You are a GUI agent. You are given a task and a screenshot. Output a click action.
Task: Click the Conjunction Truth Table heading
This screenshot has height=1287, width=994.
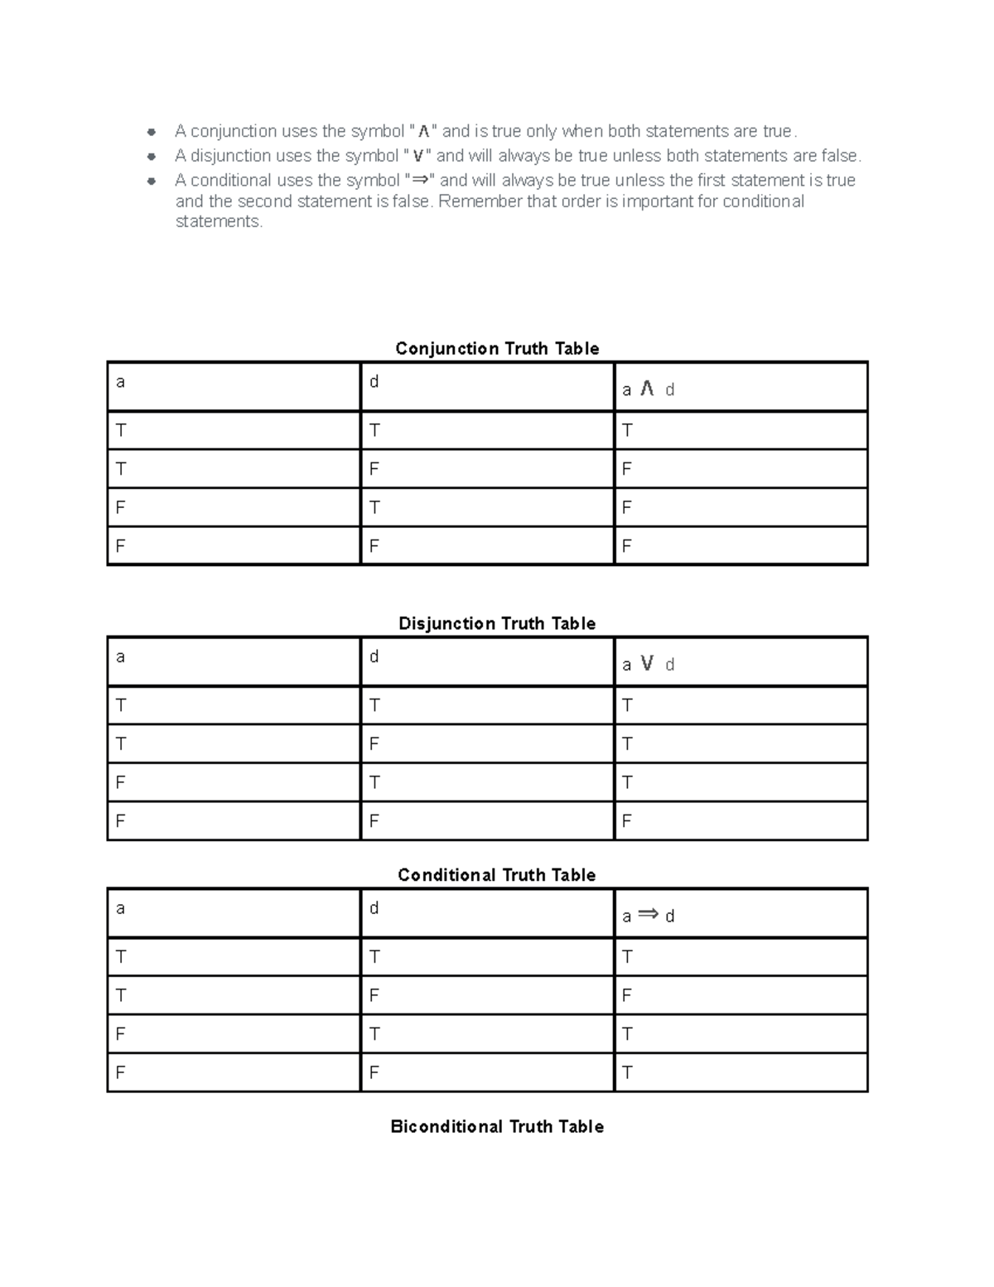[x=497, y=349]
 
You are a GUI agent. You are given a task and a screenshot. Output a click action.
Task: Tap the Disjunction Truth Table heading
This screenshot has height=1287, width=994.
[x=497, y=624]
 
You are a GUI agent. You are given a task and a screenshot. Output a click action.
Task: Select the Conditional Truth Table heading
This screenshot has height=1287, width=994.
[x=497, y=876]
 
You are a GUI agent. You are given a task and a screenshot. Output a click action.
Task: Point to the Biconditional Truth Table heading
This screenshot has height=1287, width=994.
[x=497, y=1127]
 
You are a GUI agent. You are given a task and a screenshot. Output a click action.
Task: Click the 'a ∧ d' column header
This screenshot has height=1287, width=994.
[x=648, y=389]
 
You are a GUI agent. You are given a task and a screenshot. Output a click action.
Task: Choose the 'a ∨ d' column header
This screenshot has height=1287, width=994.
[x=648, y=664]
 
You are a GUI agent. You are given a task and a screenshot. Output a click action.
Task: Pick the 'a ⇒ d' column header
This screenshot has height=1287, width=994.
[x=648, y=915]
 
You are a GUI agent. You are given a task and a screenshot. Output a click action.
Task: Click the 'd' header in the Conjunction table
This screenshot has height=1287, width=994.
[x=374, y=381]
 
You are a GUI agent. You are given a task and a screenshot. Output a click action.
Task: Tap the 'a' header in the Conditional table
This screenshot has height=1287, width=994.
[x=121, y=908]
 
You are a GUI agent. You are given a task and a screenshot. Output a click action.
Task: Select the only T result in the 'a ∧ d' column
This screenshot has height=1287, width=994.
[x=627, y=430]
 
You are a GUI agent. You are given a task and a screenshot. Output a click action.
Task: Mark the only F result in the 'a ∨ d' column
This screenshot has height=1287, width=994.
[x=627, y=821]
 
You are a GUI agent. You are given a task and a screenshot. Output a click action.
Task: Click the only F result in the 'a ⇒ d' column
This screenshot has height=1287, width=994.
[x=627, y=995]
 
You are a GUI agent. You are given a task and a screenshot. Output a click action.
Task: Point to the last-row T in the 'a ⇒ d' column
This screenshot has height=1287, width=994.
[x=627, y=1072]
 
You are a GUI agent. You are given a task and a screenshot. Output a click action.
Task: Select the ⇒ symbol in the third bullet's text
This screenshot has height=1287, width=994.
[x=421, y=180]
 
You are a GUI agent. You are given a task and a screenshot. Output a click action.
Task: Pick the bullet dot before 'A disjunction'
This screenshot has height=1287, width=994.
[x=152, y=157]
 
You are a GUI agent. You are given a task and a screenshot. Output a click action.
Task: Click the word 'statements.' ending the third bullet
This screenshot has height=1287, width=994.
[x=219, y=221]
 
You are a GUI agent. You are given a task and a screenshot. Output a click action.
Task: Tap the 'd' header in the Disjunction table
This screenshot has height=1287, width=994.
[x=374, y=656]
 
